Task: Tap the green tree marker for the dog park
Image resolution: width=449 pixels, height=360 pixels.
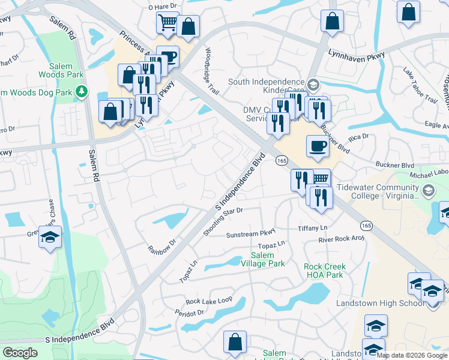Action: click(x=82, y=92)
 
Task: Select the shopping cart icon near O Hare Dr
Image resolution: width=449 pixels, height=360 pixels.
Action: click(x=167, y=23)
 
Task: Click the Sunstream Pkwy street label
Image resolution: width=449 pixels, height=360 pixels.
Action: click(x=251, y=233)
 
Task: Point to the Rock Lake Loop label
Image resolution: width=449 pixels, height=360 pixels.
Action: click(x=209, y=301)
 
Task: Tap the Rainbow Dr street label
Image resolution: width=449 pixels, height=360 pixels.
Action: click(x=163, y=246)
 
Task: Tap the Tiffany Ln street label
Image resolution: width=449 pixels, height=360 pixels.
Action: click(x=313, y=229)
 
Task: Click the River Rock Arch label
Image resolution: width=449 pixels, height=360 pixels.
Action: click(x=342, y=239)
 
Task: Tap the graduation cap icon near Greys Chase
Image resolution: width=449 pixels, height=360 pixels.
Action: click(x=50, y=236)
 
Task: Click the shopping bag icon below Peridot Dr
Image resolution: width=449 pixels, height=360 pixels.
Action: click(x=235, y=342)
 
